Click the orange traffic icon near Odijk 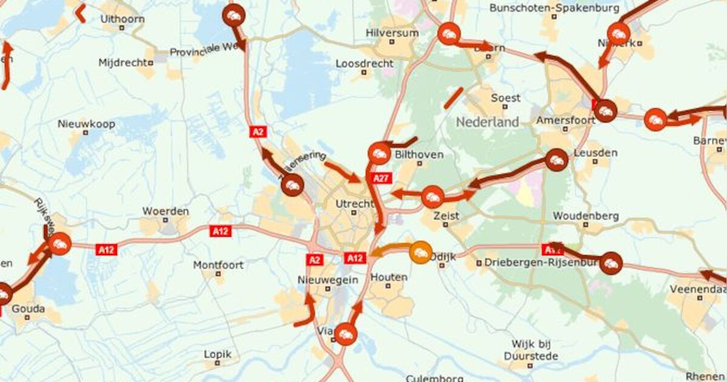(x=420, y=252)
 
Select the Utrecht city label (x=354, y=204)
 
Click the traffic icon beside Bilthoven (x=379, y=153)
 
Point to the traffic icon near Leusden (x=556, y=161)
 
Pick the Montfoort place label (x=218, y=265)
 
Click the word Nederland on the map (x=487, y=122)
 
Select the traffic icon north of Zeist (x=432, y=197)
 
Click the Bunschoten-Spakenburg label (x=554, y=8)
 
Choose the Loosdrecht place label (x=364, y=63)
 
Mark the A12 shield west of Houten (x=355, y=258)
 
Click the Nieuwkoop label (x=86, y=124)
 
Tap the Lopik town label (x=218, y=354)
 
